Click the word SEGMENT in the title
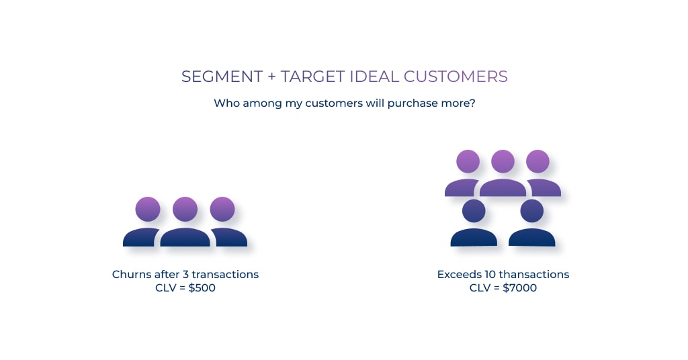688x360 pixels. (222, 77)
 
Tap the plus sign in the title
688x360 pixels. (271, 77)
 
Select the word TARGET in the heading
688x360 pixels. (313, 77)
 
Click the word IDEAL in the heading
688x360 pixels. (374, 77)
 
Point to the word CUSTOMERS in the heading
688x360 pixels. (456, 77)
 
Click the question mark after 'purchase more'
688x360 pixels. (472, 103)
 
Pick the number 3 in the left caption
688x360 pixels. (185, 275)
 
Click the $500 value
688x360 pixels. (202, 288)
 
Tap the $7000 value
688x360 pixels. (519, 288)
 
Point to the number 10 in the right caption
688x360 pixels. (490, 275)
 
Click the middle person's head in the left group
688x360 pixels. (185, 209)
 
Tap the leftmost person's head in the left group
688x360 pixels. (148, 209)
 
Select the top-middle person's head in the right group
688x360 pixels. (503, 161)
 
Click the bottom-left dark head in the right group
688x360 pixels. (474, 211)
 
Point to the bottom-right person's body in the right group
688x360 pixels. (532, 237)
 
